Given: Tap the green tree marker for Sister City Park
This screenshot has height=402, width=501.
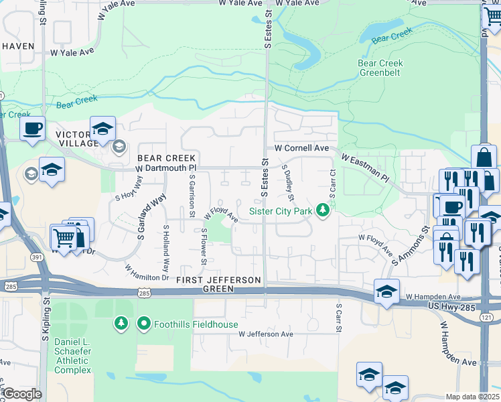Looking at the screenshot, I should coord(324,211).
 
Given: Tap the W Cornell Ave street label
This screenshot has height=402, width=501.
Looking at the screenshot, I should coord(301,147).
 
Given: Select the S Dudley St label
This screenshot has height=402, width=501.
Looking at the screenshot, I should coord(289,182).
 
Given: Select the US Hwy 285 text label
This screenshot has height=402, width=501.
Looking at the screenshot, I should coord(456,306).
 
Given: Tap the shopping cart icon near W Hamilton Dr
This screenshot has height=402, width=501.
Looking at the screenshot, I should coord(64,237).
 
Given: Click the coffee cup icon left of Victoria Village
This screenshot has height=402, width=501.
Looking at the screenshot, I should coord(33,129).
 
